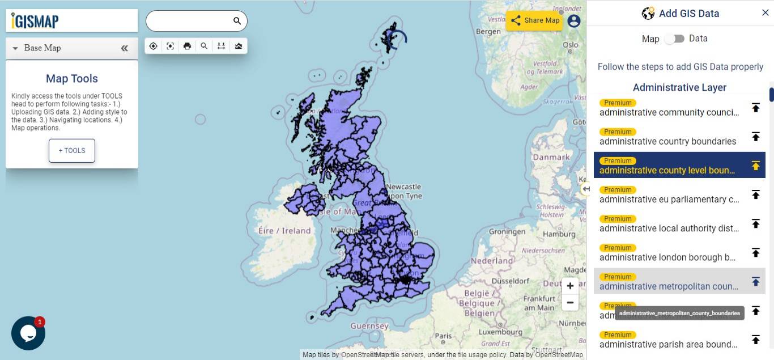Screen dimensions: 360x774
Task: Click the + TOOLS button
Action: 71,151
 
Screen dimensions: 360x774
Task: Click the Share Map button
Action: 534,20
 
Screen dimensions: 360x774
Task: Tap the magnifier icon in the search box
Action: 237,21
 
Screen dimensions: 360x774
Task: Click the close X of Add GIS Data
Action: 765,13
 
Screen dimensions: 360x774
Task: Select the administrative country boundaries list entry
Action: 667,141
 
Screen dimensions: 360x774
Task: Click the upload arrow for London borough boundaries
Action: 755,252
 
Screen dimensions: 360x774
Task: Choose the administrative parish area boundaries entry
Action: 668,344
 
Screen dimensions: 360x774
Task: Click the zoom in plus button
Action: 570,286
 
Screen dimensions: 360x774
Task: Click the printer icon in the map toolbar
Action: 187,46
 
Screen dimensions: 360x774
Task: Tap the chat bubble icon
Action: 28,333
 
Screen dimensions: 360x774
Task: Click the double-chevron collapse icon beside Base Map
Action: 125,48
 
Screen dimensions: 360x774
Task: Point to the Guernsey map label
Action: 369,326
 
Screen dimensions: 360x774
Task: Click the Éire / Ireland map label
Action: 284,231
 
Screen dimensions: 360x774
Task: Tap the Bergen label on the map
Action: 488,32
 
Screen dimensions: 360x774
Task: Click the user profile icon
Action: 574,21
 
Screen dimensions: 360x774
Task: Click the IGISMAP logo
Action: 35,21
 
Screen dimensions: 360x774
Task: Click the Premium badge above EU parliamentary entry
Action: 618,190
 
